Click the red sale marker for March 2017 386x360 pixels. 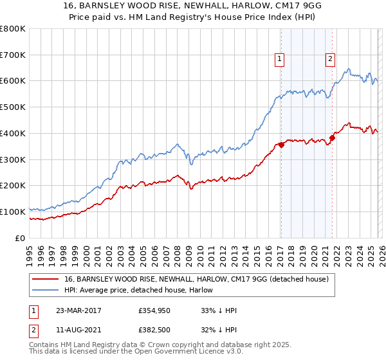tap(281, 145)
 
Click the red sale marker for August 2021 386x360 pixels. tap(333, 138)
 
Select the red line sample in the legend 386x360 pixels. tap(45, 279)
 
